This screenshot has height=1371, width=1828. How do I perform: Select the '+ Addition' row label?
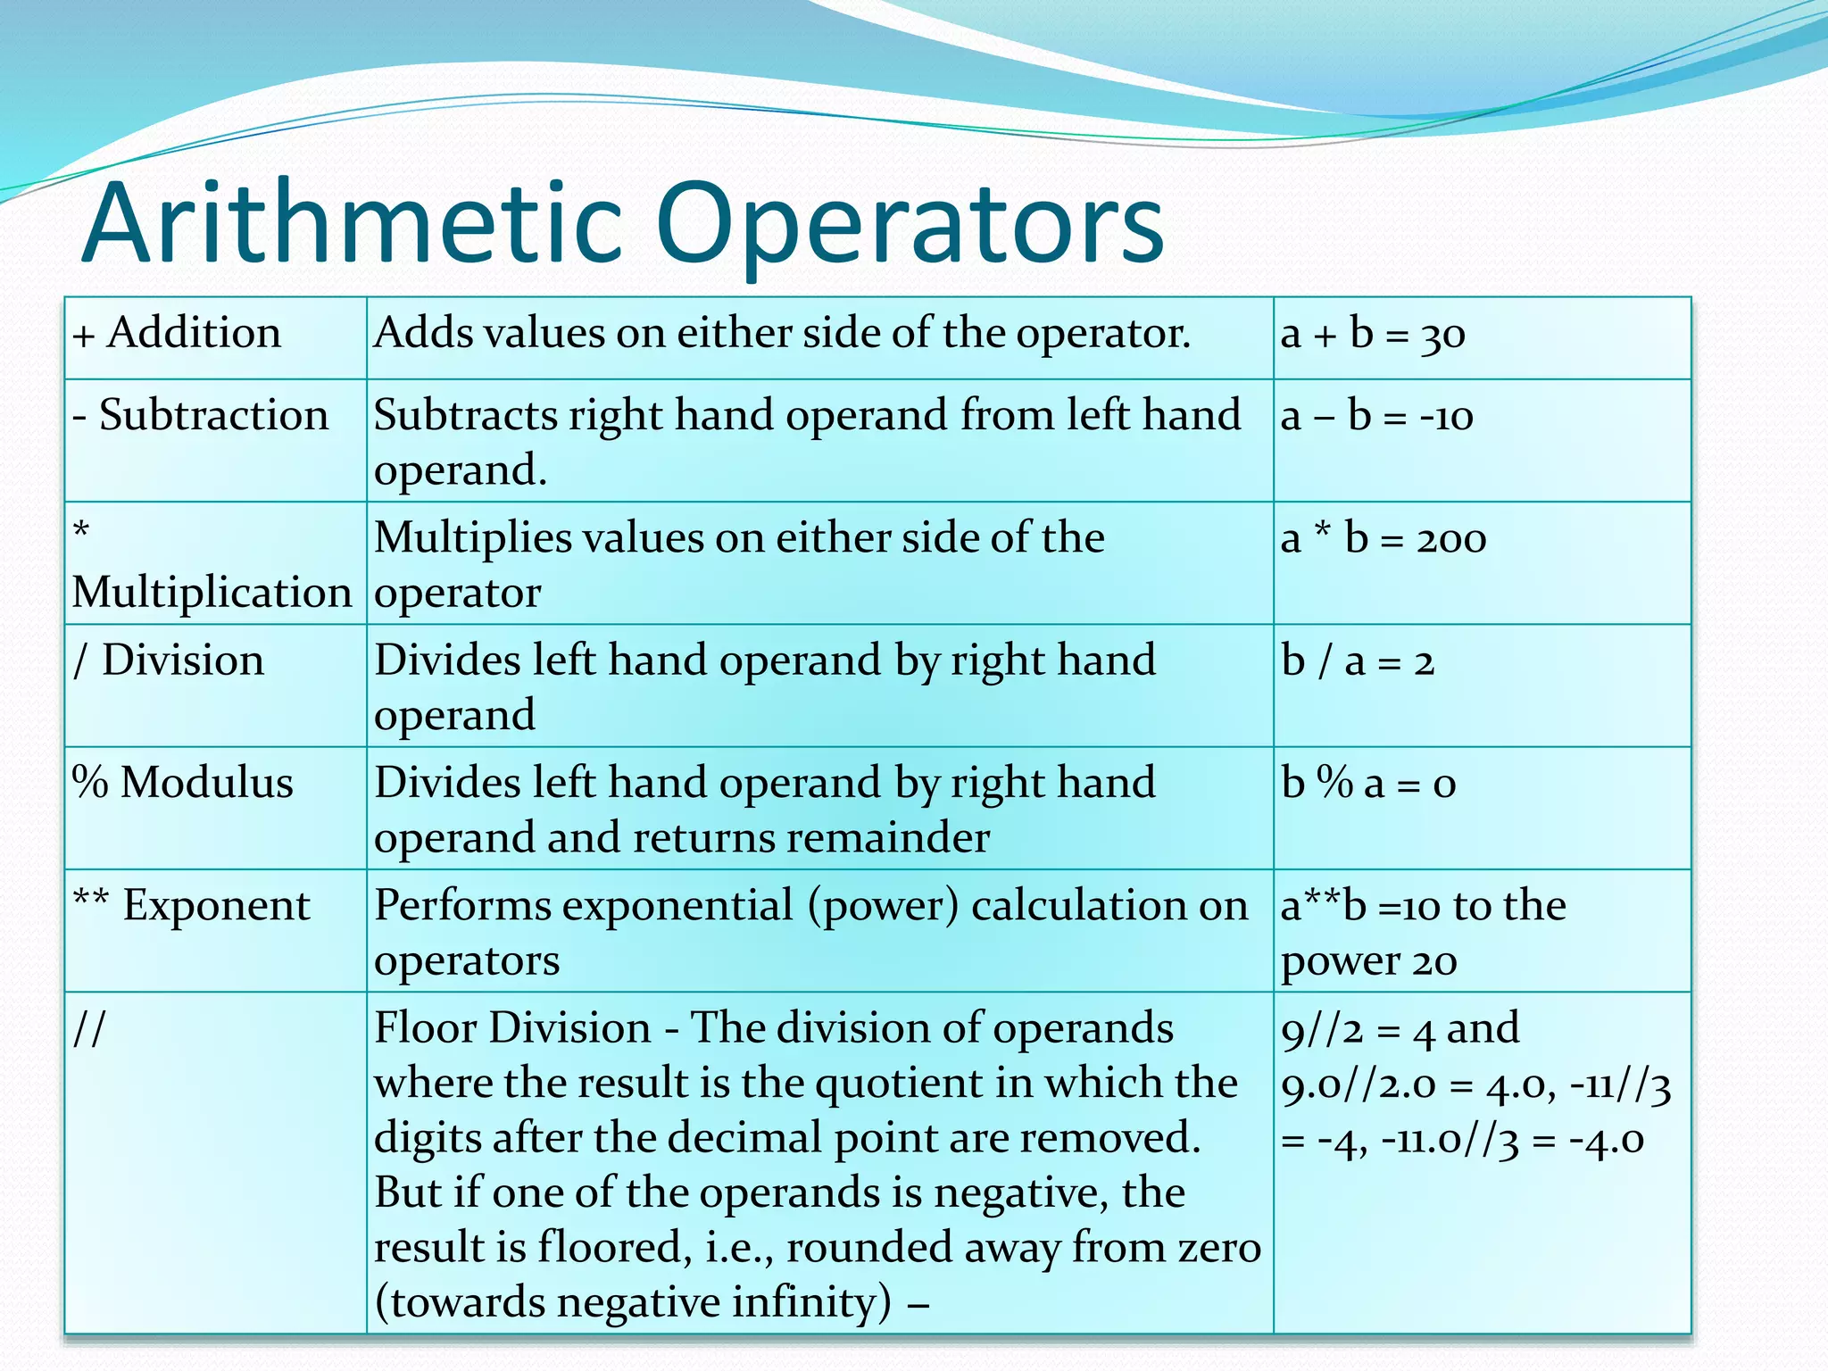pyautogui.click(x=177, y=334)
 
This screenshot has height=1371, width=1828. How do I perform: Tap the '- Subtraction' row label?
pyautogui.click(x=201, y=416)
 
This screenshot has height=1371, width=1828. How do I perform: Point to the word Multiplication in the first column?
pyautogui.click(x=212, y=593)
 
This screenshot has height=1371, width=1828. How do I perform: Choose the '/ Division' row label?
pyautogui.click(x=169, y=661)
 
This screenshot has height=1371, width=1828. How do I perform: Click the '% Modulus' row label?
pyautogui.click(x=182, y=784)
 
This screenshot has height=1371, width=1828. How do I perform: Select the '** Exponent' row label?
pyautogui.click(x=191, y=906)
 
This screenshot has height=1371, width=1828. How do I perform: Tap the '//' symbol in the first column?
pyautogui.click(x=89, y=1028)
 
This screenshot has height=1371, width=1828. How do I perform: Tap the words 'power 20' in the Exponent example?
pyautogui.click(x=1368, y=961)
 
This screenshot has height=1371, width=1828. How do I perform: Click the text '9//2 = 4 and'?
pyautogui.click(x=1400, y=1029)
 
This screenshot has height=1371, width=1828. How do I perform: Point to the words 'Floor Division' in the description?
pyautogui.click(x=512, y=1028)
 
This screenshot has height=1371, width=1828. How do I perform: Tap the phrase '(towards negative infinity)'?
pyautogui.click(x=633, y=1302)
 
